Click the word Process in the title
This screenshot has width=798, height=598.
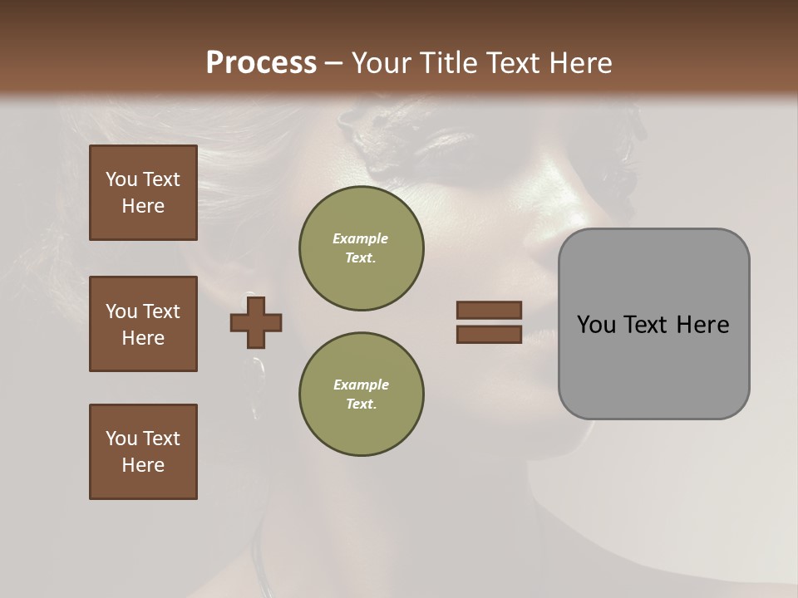point(261,63)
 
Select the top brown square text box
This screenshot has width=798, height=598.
point(143,193)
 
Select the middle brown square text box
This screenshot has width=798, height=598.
point(143,324)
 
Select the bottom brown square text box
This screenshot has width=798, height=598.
point(143,452)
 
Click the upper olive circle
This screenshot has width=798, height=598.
point(361,248)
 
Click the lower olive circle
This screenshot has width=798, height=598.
point(361,395)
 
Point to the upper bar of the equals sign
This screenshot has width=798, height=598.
point(489,310)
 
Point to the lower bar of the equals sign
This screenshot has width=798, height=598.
point(489,335)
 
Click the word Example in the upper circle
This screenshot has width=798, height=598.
point(360,238)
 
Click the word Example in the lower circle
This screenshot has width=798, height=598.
point(360,385)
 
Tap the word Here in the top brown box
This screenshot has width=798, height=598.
point(143,206)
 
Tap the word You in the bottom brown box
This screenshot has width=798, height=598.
point(121,439)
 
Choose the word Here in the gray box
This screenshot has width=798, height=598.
point(702,325)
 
